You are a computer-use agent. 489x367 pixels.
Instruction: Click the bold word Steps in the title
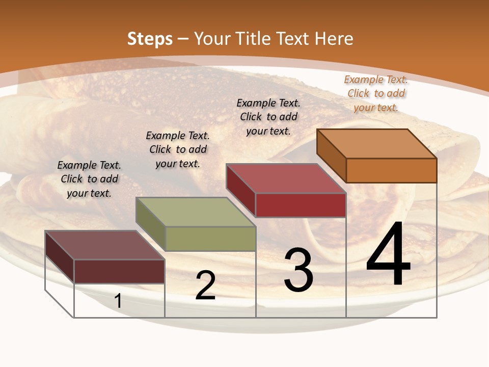(150, 39)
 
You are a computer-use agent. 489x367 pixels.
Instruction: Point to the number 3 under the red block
(298, 270)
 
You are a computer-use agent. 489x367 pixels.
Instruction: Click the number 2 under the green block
(205, 286)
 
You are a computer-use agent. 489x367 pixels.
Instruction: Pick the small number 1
(118, 301)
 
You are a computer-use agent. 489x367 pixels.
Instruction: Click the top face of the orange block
(377, 144)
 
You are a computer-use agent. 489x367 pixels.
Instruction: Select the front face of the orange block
(391, 170)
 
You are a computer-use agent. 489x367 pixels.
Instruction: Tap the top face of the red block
(286, 178)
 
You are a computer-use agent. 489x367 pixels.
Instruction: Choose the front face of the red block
(301, 205)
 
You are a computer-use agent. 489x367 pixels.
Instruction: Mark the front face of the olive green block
(210, 239)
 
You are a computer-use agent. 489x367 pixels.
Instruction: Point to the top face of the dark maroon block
(105, 245)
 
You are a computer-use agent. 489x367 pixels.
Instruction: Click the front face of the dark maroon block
(119, 271)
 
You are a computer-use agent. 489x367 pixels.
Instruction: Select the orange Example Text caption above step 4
(376, 93)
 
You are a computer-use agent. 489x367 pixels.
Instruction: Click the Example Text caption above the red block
(268, 117)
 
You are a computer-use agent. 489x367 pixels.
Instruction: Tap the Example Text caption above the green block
(178, 149)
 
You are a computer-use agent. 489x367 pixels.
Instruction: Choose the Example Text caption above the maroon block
(89, 179)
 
